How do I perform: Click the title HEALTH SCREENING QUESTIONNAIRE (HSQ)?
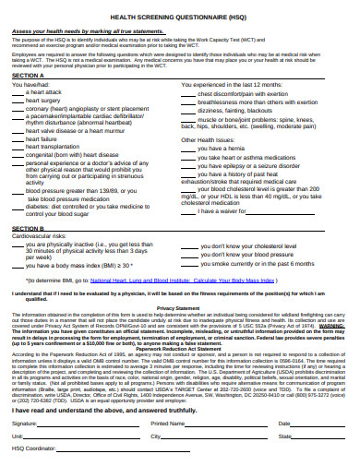(180, 16)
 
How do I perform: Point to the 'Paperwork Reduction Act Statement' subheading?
(180, 348)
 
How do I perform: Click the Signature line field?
(83, 424)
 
